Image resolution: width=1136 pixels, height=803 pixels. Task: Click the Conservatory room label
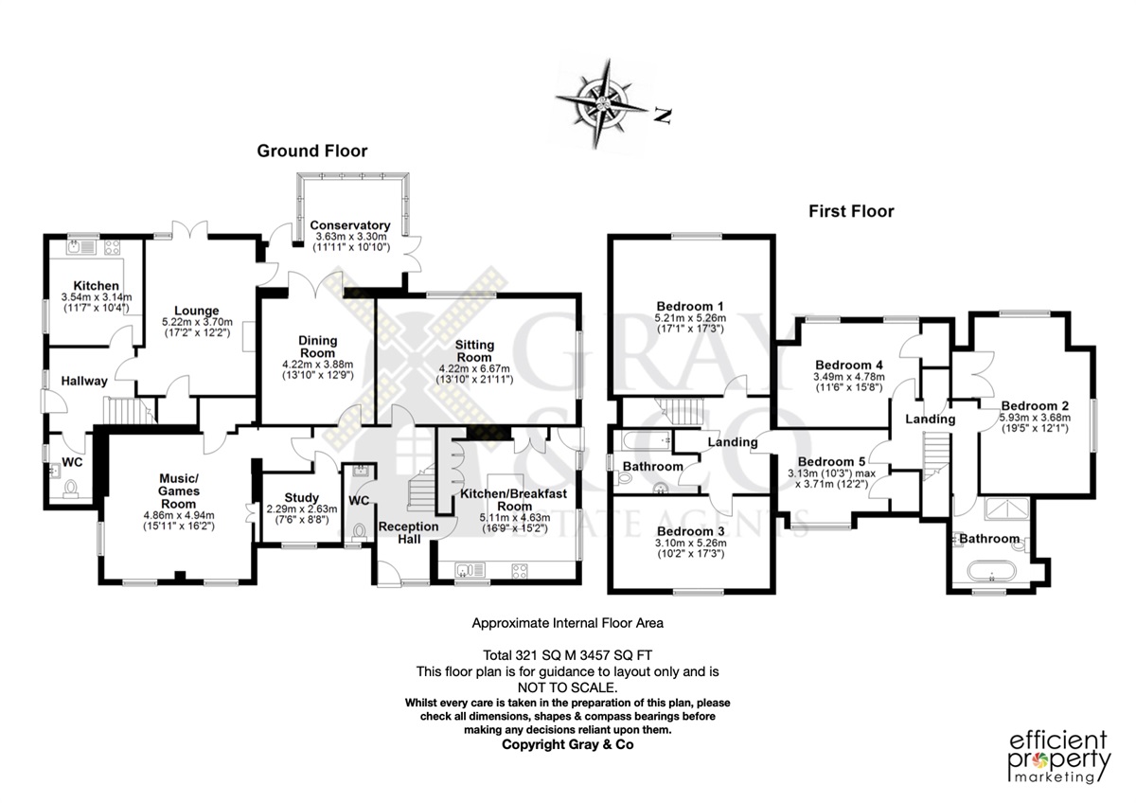[350, 225]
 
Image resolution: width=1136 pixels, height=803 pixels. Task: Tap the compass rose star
[602, 105]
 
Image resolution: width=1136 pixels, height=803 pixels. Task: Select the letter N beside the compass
[663, 116]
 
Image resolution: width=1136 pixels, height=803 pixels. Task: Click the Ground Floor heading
[311, 151]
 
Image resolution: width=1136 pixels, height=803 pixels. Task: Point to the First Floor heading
[851, 211]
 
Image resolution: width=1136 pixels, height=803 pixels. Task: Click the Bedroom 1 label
[690, 307]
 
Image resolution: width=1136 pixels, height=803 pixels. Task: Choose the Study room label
[302, 498]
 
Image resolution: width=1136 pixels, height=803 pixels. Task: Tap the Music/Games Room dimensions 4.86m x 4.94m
[179, 515]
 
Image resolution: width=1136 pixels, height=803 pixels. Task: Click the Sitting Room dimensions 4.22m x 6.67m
[474, 368]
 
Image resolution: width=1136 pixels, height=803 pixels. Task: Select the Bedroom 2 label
[1035, 406]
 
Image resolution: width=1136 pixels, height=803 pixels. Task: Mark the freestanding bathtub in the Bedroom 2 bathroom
[991, 571]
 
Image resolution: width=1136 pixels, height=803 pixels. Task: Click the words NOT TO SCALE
[567, 687]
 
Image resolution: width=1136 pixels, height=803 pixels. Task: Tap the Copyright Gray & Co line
[567, 744]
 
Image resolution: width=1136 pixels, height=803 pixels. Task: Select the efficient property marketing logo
[1058, 757]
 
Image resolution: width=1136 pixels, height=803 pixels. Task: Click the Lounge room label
[197, 311]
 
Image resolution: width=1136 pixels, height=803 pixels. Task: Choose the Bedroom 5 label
[832, 461]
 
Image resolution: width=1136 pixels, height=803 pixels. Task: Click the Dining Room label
[317, 347]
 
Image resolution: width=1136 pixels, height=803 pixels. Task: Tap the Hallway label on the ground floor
[84, 381]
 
